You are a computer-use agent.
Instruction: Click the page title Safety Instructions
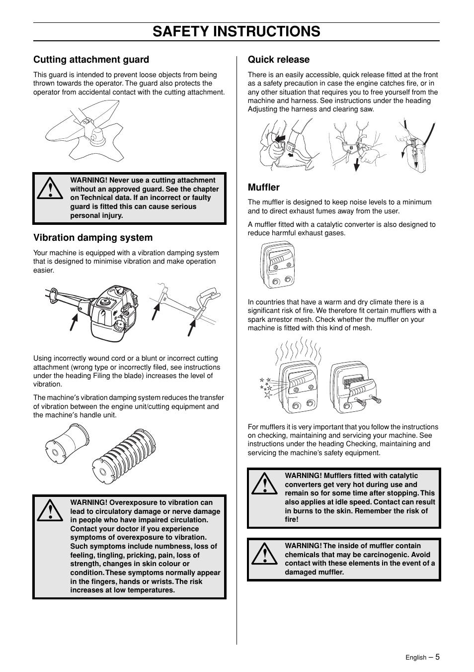click(x=237, y=31)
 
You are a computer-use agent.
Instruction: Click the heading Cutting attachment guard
click(x=91, y=60)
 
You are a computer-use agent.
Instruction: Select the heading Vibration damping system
click(x=93, y=238)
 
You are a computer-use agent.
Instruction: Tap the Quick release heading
click(x=278, y=60)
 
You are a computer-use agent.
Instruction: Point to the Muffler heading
click(x=263, y=188)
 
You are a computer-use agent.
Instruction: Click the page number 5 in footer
click(x=438, y=657)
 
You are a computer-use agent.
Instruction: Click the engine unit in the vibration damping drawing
click(x=114, y=312)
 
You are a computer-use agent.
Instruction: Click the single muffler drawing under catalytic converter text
click(x=278, y=265)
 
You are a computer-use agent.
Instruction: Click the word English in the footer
click(x=415, y=658)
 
